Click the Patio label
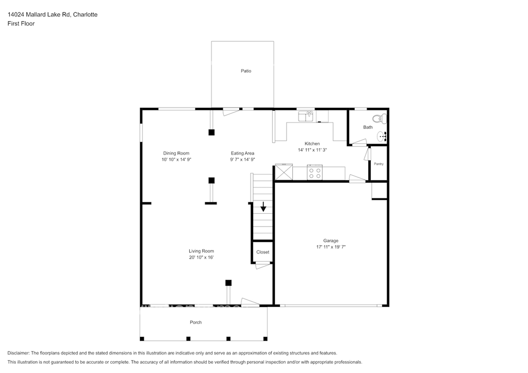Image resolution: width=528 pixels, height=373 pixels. click(x=246, y=71)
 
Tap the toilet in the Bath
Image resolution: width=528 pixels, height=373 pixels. click(x=379, y=118)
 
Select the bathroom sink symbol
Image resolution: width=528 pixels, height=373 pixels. click(x=382, y=137)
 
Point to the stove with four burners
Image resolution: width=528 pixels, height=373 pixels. click(x=315, y=173)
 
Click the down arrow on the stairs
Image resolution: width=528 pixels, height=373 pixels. click(x=263, y=207)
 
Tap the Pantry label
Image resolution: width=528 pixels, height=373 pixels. click(x=378, y=164)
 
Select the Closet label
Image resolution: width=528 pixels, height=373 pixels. click(x=262, y=252)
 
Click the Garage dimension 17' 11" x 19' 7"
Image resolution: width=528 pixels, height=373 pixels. click(x=331, y=247)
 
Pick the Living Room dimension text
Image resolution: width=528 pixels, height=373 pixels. click(x=202, y=257)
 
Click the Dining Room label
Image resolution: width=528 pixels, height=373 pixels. click(x=176, y=153)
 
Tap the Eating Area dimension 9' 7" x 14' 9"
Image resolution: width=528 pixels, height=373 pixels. click(x=242, y=159)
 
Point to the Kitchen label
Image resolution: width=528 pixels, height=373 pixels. click(x=312, y=144)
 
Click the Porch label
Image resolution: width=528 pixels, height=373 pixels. click(x=195, y=322)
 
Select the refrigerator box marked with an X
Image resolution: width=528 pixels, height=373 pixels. click(x=284, y=172)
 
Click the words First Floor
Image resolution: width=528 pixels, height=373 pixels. click(x=21, y=24)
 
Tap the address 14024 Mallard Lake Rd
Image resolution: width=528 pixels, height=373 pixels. click(x=39, y=14)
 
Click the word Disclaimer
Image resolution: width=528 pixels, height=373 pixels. click(x=18, y=353)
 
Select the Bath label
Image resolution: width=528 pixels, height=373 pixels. click(x=368, y=127)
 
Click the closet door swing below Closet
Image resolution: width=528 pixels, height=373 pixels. click(x=263, y=266)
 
